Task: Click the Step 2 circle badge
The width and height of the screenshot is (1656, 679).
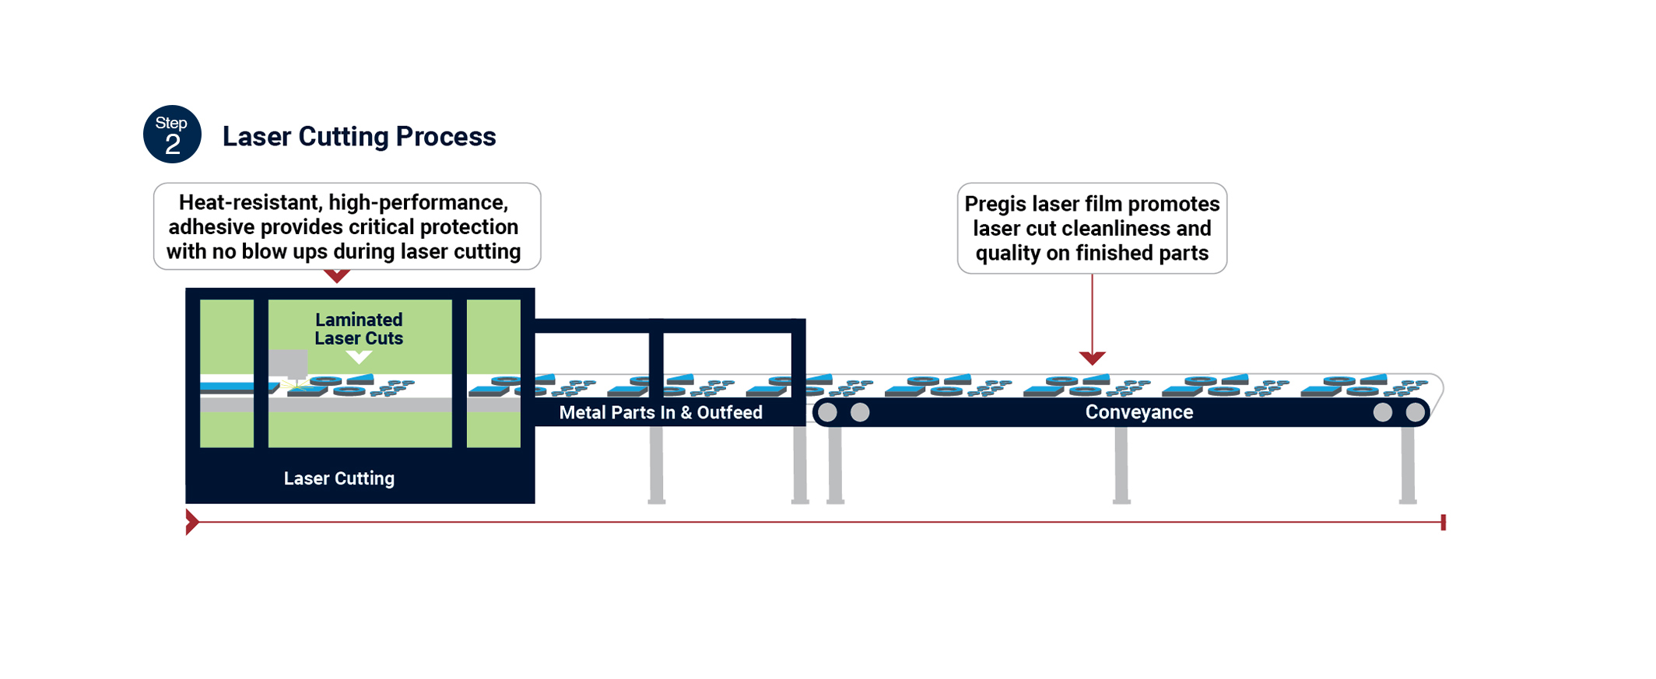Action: tap(172, 135)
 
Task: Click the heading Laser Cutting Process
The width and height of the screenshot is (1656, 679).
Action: tap(359, 137)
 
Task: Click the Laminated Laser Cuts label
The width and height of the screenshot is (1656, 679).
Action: tap(359, 329)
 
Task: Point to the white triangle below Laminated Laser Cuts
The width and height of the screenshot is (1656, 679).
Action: tap(359, 357)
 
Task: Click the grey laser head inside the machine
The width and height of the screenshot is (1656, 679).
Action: tap(288, 363)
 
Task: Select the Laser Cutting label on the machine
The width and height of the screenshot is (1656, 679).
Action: tap(339, 478)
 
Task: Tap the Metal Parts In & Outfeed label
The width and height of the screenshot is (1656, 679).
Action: tap(661, 413)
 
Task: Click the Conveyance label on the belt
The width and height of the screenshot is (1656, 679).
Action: tap(1138, 412)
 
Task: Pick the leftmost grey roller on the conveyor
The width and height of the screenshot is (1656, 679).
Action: tap(827, 412)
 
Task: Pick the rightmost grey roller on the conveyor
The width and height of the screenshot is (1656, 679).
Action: tap(1415, 412)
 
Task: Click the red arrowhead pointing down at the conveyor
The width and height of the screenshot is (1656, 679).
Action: tap(1092, 358)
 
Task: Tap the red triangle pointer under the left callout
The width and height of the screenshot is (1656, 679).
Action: tap(336, 276)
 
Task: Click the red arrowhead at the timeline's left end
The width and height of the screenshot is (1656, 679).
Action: tap(191, 522)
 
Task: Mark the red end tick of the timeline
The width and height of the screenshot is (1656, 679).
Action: tap(1443, 522)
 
